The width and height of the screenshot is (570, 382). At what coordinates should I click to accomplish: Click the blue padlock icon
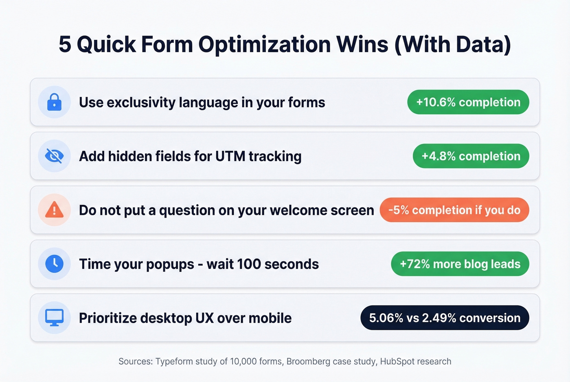point(54,102)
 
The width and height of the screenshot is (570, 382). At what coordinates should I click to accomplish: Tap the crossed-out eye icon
point(54,156)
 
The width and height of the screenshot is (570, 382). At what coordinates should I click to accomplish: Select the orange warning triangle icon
point(54,210)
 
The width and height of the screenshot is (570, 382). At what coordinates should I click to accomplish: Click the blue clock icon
point(54,264)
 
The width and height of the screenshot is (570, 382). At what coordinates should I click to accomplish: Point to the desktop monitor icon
point(54,318)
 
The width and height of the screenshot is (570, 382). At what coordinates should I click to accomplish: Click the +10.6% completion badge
point(468,102)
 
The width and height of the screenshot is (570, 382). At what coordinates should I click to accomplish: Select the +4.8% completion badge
point(471,156)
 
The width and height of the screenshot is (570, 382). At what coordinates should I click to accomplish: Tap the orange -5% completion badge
point(454,210)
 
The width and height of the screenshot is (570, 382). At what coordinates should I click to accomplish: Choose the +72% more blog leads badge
point(460,264)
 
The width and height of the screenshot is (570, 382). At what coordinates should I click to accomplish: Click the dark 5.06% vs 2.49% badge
point(445,318)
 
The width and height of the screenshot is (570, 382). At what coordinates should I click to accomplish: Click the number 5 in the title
point(65,44)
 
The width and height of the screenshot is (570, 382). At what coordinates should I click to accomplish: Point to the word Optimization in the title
point(264,44)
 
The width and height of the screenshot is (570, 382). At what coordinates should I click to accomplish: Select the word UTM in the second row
point(230,156)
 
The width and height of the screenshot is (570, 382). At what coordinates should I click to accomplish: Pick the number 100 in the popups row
point(248,264)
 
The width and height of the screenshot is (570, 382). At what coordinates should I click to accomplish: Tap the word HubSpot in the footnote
point(397,361)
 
